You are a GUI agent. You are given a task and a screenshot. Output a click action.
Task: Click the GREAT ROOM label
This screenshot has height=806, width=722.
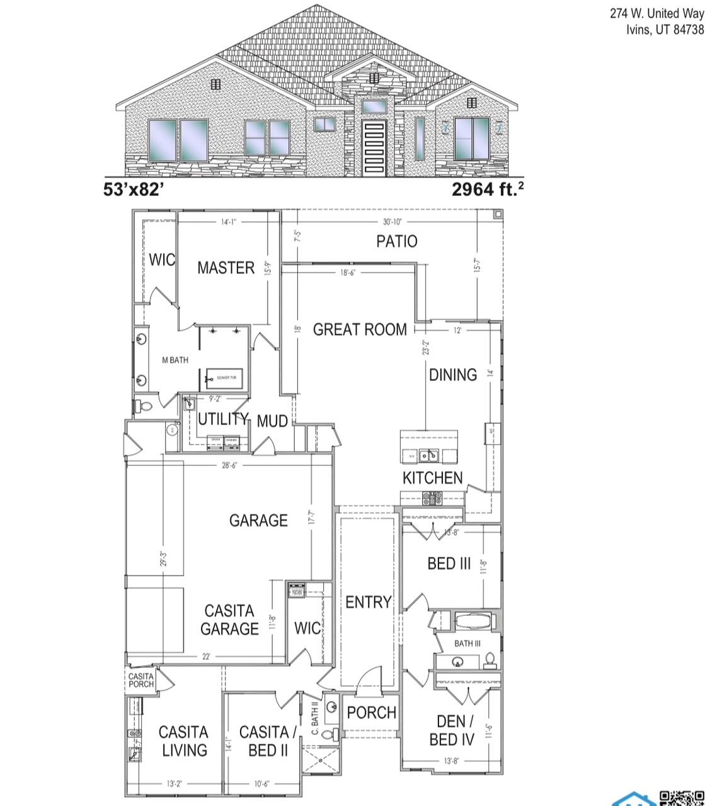coord(359,329)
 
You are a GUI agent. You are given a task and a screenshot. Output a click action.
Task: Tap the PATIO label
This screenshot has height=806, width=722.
coord(396,241)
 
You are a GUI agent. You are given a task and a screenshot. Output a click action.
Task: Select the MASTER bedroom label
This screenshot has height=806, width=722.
coord(226,268)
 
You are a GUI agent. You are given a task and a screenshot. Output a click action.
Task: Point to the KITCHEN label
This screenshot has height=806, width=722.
coord(432,478)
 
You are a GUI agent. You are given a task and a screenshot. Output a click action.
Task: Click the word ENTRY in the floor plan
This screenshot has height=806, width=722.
coord(368,603)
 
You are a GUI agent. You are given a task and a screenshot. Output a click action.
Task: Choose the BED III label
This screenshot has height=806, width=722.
coord(449,564)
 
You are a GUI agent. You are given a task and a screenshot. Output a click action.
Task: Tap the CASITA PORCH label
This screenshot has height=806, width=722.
coord(140,680)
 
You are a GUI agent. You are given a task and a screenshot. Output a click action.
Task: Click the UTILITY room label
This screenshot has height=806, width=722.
coord(223,419)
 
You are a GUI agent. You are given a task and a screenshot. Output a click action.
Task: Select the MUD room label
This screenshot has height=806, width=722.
coord(272,421)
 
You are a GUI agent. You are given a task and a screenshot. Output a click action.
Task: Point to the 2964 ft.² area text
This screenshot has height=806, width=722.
coord(488,189)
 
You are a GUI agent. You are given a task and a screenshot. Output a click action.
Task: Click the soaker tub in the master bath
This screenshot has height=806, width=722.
coord(226,378)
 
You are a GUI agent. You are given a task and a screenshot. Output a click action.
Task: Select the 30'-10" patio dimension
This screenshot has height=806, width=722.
coord(392,222)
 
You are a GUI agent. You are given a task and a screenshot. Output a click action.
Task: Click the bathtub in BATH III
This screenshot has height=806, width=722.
coord(476,622)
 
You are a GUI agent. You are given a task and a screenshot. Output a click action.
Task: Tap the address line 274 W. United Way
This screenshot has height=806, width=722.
coord(656,13)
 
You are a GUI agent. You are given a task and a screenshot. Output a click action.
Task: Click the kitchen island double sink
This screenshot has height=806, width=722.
coord(429,455)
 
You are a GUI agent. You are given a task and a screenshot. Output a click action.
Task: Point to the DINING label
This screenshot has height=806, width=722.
coord(452,375)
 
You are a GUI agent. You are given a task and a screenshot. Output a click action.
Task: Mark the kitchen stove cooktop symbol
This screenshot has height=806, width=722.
coord(433,497)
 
